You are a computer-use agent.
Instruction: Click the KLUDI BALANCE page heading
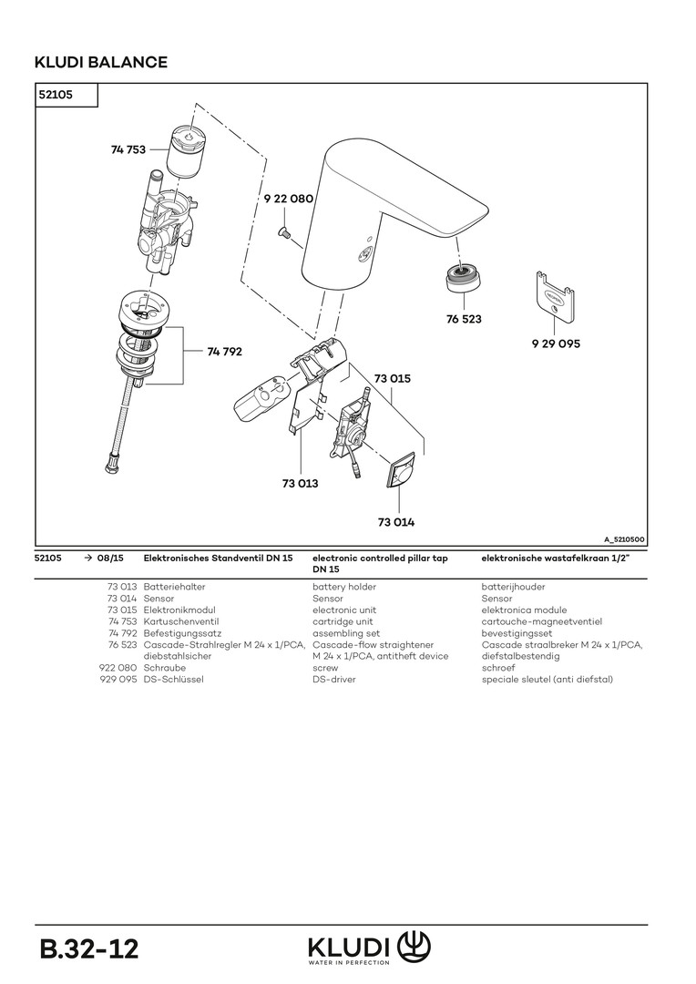[x=100, y=62]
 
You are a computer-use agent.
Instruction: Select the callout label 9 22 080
[x=288, y=199]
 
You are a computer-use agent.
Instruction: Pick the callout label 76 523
[x=464, y=320]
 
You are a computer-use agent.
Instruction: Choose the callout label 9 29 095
[x=556, y=344]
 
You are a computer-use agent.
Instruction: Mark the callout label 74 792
[x=225, y=351]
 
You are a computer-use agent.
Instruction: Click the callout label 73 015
[x=393, y=378]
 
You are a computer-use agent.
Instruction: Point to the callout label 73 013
[x=300, y=484]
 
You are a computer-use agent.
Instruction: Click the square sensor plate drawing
[x=400, y=474]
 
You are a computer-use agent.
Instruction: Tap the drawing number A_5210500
[x=624, y=539]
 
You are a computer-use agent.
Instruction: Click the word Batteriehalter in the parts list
[x=173, y=588]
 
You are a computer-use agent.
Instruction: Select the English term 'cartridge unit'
[x=343, y=621]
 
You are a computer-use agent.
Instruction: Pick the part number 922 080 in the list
[x=118, y=668]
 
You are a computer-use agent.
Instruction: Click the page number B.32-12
[x=88, y=948]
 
